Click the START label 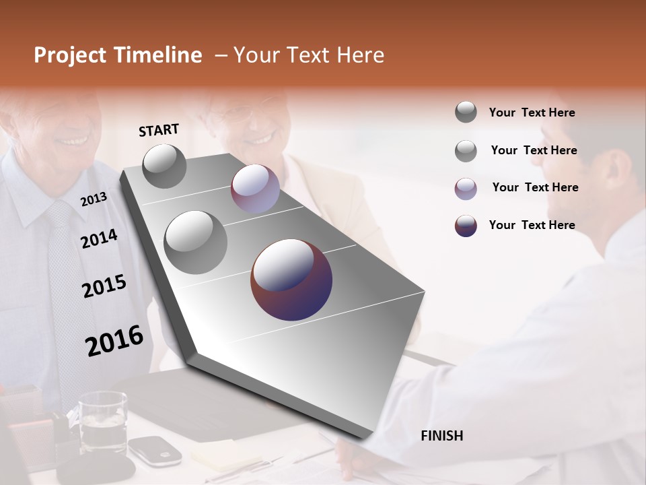pyautogui.click(x=159, y=130)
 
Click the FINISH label pyautogui.click(x=441, y=436)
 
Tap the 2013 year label pyautogui.click(x=94, y=199)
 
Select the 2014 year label pyautogui.click(x=99, y=238)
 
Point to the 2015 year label pyautogui.click(x=104, y=286)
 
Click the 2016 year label pyautogui.click(x=114, y=340)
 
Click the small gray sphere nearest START pyautogui.click(x=164, y=166)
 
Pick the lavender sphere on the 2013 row pyautogui.click(x=255, y=189)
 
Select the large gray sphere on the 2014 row pyautogui.click(x=195, y=242)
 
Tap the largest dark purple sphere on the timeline pyautogui.click(x=291, y=279)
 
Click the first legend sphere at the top pyautogui.click(x=466, y=112)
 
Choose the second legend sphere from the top pyautogui.click(x=466, y=151)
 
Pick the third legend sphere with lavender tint pyautogui.click(x=466, y=188)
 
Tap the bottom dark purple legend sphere pyautogui.click(x=466, y=226)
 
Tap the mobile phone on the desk pyautogui.click(x=155, y=450)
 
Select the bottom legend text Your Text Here pyautogui.click(x=532, y=225)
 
